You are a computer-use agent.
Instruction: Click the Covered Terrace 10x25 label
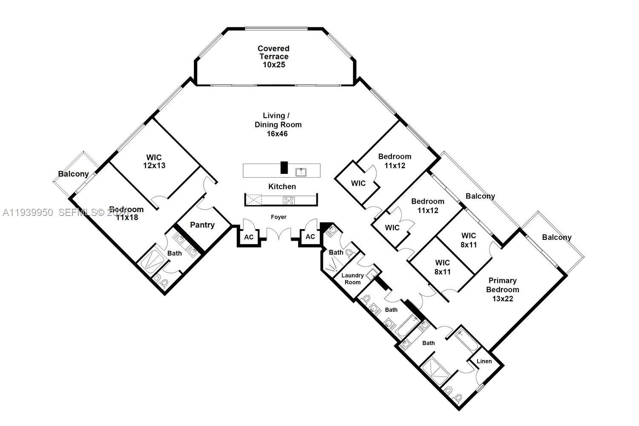tap(273, 57)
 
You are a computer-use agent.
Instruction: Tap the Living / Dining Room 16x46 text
tap(278, 124)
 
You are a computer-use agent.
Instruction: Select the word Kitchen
tap(282, 187)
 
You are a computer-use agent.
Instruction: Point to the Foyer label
tap(279, 217)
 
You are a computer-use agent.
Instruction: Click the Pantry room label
tap(202, 225)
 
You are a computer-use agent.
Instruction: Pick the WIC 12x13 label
tap(154, 161)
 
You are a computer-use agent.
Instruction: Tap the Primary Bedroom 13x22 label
tap(503, 290)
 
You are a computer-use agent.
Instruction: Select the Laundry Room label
tap(352, 279)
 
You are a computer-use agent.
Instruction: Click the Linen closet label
tap(484, 361)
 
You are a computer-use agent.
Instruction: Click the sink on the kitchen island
tap(302, 172)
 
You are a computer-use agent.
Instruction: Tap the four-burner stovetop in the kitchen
tap(288, 200)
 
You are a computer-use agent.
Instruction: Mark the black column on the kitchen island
tap(284, 167)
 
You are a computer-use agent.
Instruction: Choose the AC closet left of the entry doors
tap(249, 237)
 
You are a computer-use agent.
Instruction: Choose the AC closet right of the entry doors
tap(310, 237)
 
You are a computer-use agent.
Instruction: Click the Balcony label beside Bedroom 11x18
tap(73, 174)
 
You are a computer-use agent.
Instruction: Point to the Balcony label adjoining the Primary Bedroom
tap(556, 237)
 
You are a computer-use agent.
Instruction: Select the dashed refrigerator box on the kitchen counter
tap(254, 200)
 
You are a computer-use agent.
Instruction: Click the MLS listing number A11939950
tap(28, 213)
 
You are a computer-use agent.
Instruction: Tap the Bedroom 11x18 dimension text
tap(126, 218)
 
